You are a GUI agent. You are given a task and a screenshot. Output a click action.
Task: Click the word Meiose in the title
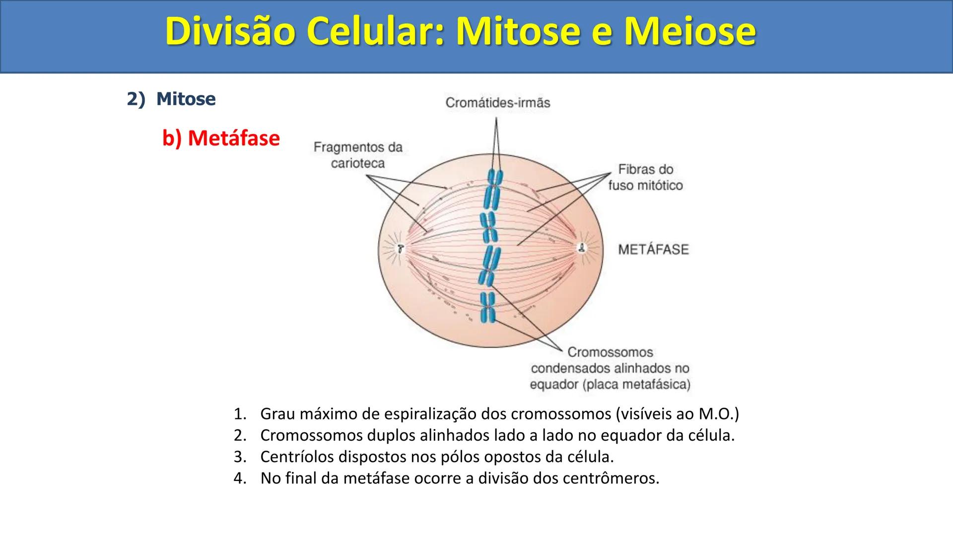coord(690,32)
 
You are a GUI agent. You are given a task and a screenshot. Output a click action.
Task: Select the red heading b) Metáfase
coord(221,137)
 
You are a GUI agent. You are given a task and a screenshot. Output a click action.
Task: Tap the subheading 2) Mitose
coord(171,99)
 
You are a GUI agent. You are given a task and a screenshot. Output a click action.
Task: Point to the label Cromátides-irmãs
coord(498,103)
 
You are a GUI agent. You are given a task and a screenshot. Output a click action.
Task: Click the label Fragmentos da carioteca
coord(358,155)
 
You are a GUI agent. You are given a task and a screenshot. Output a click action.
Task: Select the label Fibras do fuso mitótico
coord(645,177)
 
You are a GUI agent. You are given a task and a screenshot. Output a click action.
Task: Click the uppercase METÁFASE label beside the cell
coord(653,249)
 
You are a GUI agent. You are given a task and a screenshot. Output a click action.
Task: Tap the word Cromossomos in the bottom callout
coord(610,352)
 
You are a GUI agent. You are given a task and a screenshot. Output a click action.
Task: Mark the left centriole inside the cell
coord(400,248)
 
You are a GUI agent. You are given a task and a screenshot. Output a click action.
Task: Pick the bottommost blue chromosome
coord(487,308)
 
